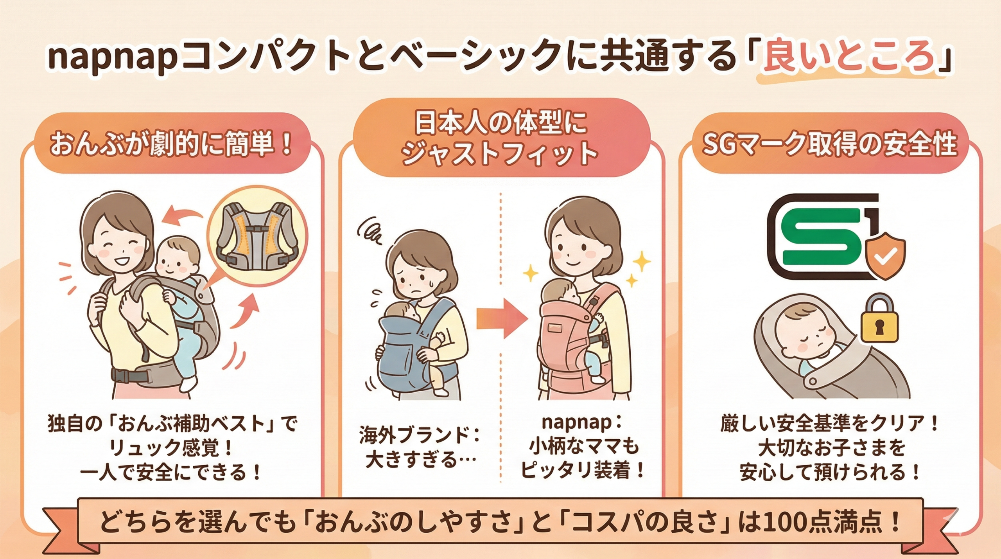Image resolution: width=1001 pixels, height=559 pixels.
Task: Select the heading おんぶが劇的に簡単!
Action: coord(172,145)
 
